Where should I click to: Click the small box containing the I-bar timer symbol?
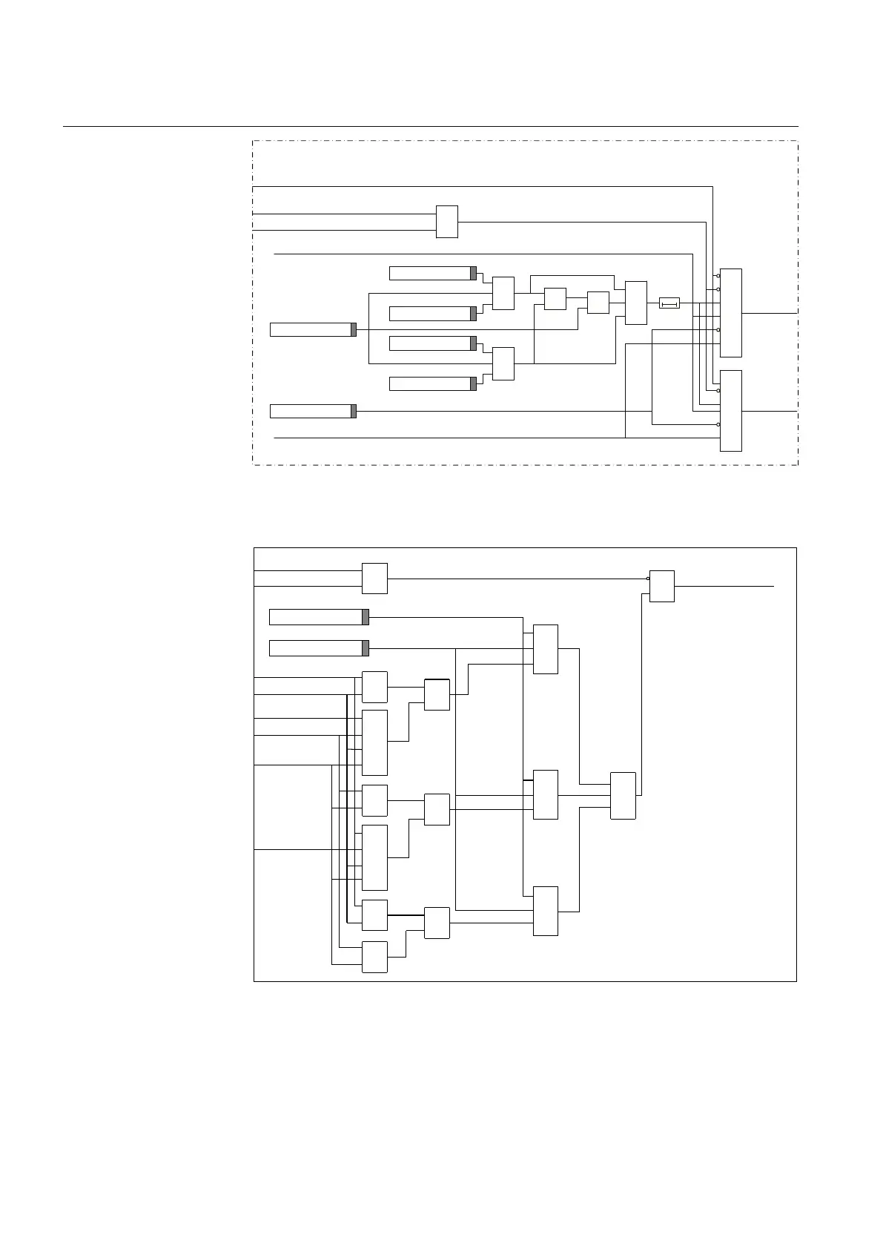tap(669, 303)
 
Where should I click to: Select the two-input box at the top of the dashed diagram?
tap(446, 222)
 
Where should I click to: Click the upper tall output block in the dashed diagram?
tap(731, 312)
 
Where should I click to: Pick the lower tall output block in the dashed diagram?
tap(731, 410)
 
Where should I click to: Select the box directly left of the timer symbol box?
tap(635, 303)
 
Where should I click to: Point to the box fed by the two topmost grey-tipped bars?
tap(503, 293)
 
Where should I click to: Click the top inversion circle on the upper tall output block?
tap(718, 276)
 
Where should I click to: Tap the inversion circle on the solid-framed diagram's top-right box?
tap(648, 579)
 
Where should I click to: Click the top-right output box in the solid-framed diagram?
tap(662, 586)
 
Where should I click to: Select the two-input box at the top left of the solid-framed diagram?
tap(374, 579)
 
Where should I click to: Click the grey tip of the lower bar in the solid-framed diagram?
tap(366, 648)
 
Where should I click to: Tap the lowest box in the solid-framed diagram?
tap(374, 957)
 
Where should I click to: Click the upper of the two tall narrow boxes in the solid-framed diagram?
tap(374, 742)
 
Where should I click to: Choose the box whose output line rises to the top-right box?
tap(623, 795)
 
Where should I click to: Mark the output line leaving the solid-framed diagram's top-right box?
tap(724, 586)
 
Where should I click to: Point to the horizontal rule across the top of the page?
tap(430, 127)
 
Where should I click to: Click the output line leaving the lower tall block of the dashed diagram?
tap(770, 410)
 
